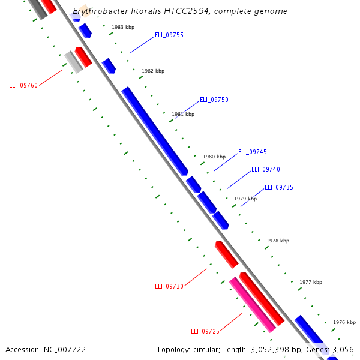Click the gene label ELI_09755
pos(169,35)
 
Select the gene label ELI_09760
pos(23,85)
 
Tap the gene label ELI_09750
pos(214,100)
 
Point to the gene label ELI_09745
pos(253,152)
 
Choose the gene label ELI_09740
pos(266,170)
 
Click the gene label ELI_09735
pos(279,187)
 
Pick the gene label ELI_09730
pos(169,286)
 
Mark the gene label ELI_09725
pos(205,331)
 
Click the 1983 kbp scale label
pos(123,28)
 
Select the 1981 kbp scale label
pos(183,114)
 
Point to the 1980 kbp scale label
pos(214,157)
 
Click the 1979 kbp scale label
pos(245,199)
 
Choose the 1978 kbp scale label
pos(278,241)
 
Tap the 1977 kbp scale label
pos(311,282)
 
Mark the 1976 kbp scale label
pos(344,322)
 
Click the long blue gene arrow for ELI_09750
pos(154,131)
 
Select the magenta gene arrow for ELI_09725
pos(252,304)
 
